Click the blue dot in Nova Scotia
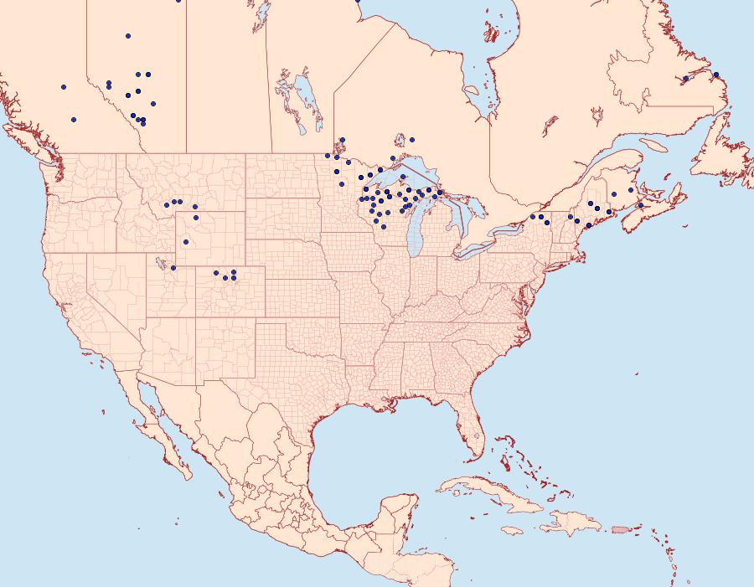click(640, 205)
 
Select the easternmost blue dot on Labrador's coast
click(716, 75)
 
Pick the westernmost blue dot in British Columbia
click(64, 86)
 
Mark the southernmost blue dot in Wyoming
click(186, 242)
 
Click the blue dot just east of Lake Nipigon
click(412, 139)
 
